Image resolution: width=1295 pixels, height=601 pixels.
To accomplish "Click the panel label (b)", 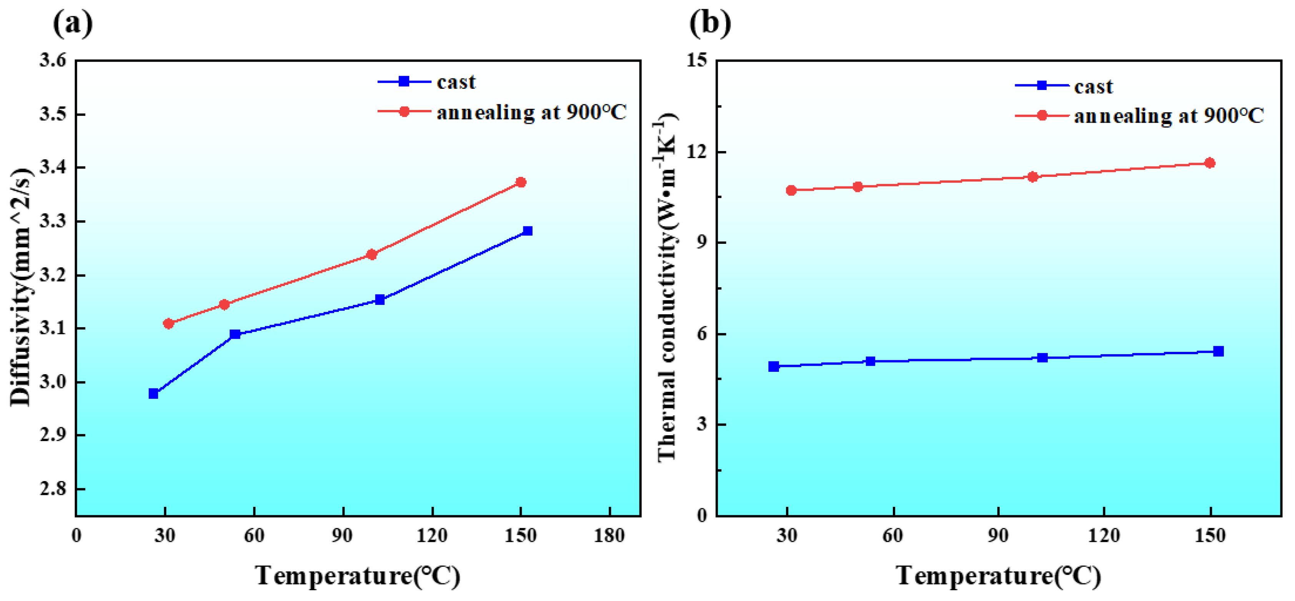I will [709, 23].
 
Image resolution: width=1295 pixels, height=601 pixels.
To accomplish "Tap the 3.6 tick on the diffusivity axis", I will [53, 60].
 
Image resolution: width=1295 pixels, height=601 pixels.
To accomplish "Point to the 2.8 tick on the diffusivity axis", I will [53, 488].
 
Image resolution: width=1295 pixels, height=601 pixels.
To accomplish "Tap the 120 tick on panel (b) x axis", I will [1104, 536].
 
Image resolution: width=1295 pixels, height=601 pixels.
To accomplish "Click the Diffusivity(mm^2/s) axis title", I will [21, 287].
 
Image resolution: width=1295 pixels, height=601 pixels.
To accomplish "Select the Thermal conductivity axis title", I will [667, 287].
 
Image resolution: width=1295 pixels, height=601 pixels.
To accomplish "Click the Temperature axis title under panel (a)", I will [358, 576].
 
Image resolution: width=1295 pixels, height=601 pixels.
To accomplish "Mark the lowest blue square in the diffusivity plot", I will [153, 393].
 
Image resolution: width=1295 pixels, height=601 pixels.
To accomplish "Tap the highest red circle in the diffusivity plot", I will [521, 182].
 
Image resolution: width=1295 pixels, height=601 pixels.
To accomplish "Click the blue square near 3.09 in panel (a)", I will [235, 334].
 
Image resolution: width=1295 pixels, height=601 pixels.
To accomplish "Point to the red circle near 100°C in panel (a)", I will [371, 255].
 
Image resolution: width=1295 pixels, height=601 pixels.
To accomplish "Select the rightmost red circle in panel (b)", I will [1210, 163].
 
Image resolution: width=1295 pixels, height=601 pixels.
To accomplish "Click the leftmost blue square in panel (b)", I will [774, 366].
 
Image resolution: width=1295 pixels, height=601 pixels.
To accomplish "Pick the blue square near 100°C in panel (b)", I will [1042, 358].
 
